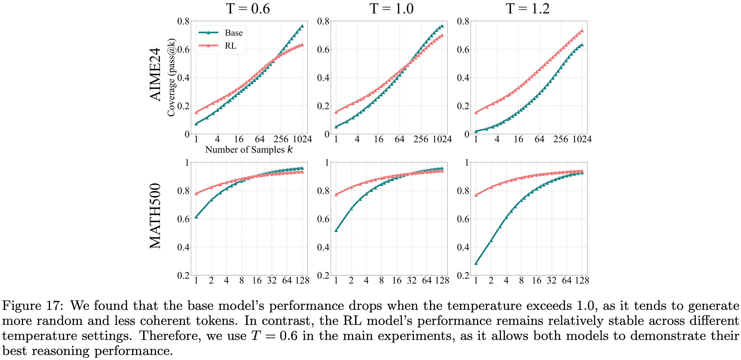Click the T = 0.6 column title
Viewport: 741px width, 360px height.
tap(248, 9)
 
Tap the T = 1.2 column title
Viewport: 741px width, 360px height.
tap(528, 9)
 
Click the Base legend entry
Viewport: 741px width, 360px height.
tap(233, 33)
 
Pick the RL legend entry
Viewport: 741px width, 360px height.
tap(230, 46)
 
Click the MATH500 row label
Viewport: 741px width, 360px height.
tap(156, 216)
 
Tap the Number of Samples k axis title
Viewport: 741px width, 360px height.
tap(249, 149)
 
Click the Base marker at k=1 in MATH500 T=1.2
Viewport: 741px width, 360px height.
tap(476, 263)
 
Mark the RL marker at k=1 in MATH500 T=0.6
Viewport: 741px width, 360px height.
tap(196, 194)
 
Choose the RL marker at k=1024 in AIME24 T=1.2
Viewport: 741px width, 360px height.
tap(582, 31)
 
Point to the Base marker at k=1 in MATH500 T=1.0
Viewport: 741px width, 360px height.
tap(336, 230)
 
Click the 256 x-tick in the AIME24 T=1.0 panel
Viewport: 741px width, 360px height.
tap(420, 139)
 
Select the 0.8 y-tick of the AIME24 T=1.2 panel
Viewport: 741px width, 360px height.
tap(463, 21)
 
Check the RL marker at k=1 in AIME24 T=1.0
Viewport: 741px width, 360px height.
tap(336, 112)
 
